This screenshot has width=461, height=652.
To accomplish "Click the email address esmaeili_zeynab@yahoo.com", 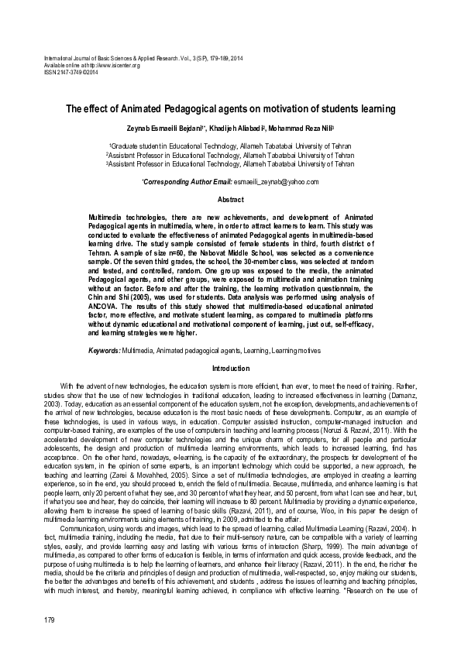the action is pyautogui.click(x=277, y=181).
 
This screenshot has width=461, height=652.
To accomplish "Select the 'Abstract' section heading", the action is pyautogui.click(x=230, y=200).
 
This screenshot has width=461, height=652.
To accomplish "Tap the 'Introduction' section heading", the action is pyautogui.click(x=231, y=369).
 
